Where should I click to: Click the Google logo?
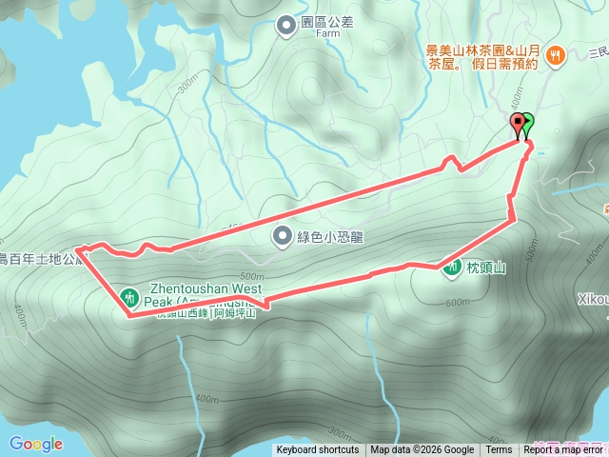(36, 444)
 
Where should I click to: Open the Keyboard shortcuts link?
(318, 450)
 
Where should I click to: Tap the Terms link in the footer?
(499, 450)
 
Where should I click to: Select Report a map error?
(565, 450)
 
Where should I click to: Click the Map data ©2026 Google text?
(422, 450)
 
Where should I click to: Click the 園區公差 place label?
(326, 23)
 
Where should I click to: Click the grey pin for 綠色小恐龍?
(282, 235)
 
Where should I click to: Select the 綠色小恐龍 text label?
(332, 236)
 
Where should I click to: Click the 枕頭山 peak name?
(485, 268)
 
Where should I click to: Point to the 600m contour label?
(459, 303)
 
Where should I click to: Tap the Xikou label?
(592, 298)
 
